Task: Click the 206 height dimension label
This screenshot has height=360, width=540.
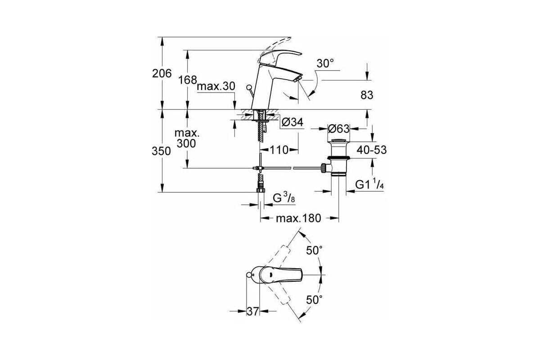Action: (x=162, y=73)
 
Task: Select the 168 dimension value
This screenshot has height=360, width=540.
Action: (x=188, y=80)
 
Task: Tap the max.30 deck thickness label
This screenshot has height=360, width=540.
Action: (x=216, y=86)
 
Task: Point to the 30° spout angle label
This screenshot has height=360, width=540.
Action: (x=325, y=63)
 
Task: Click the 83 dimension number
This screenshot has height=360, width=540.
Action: (x=367, y=95)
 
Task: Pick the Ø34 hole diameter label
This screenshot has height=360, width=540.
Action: (x=292, y=122)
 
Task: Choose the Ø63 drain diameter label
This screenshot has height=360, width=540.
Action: (x=338, y=129)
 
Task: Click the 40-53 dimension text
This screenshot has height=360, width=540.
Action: (x=372, y=150)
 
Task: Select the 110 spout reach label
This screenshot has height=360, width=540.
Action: (x=279, y=150)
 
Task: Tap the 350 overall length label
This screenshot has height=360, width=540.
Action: (x=161, y=151)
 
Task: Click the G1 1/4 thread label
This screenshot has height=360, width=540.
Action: (x=369, y=184)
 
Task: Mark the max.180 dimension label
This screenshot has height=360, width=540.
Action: (x=298, y=218)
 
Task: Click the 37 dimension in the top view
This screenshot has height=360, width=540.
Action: (x=252, y=311)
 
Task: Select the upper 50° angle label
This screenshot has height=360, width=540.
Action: (x=314, y=251)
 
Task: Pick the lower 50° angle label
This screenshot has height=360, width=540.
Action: (x=314, y=300)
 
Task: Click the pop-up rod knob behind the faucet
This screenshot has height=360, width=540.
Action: (x=248, y=87)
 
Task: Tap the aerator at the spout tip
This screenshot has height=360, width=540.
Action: (x=299, y=79)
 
